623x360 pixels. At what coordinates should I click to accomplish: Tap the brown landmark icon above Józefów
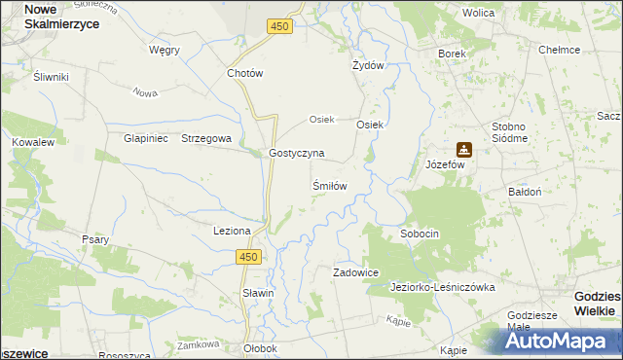[x=464, y=150]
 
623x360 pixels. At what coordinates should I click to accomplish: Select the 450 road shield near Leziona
[x=248, y=256]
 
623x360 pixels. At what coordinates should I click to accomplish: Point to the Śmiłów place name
[x=329, y=185]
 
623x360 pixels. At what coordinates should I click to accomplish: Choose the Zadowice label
[x=355, y=273]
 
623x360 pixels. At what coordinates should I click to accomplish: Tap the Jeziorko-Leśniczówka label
[x=443, y=288]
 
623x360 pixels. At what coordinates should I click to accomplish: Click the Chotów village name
[x=245, y=73]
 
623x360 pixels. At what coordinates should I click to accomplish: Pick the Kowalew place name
[x=32, y=142]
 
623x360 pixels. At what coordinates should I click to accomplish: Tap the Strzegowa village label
[x=206, y=138]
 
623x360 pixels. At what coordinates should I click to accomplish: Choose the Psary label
[x=95, y=239]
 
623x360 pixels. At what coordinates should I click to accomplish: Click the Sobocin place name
[x=420, y=234]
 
